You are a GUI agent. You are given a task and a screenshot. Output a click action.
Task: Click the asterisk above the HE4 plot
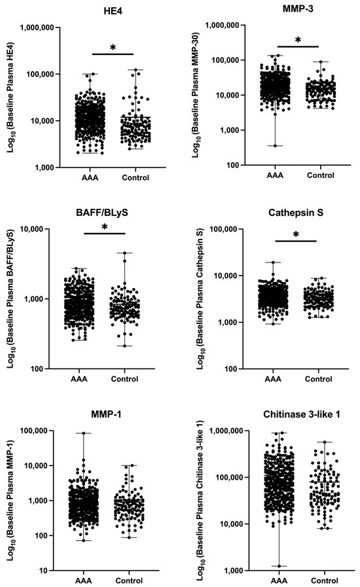click(113, 48)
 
